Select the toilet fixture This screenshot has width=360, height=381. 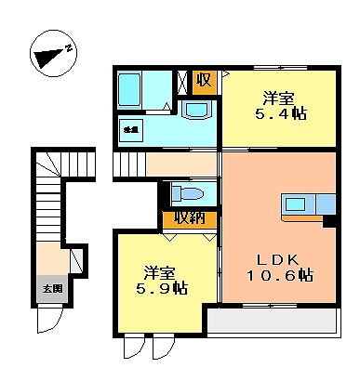(x=189, y=195)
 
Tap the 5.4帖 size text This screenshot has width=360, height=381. (x=282, y=115)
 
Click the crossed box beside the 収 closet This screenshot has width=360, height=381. (x=184, y=81)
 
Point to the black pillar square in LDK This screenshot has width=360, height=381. (x=328, y=220)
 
